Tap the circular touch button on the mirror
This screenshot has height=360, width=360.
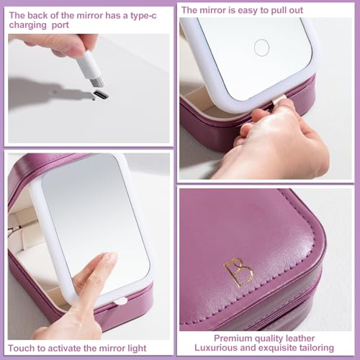pos(261,48)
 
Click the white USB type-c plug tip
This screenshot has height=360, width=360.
pos(98,80)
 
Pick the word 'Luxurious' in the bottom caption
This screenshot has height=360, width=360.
pos(223,348)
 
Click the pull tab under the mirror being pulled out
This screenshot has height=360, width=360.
pos(278,99)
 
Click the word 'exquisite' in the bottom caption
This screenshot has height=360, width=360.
pos(277,348)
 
